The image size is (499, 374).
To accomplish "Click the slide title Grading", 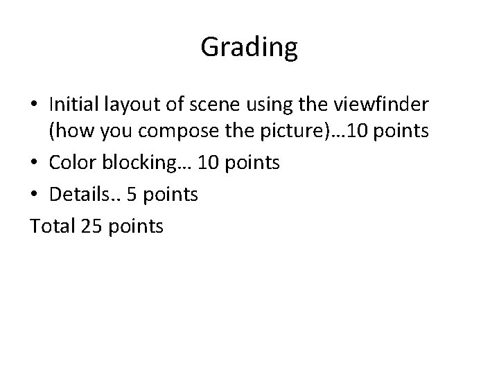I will click(x=249, y=47).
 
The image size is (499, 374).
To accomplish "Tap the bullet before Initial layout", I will click(x=35, y=105).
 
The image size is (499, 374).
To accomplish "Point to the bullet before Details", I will click(x=35, y=195).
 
